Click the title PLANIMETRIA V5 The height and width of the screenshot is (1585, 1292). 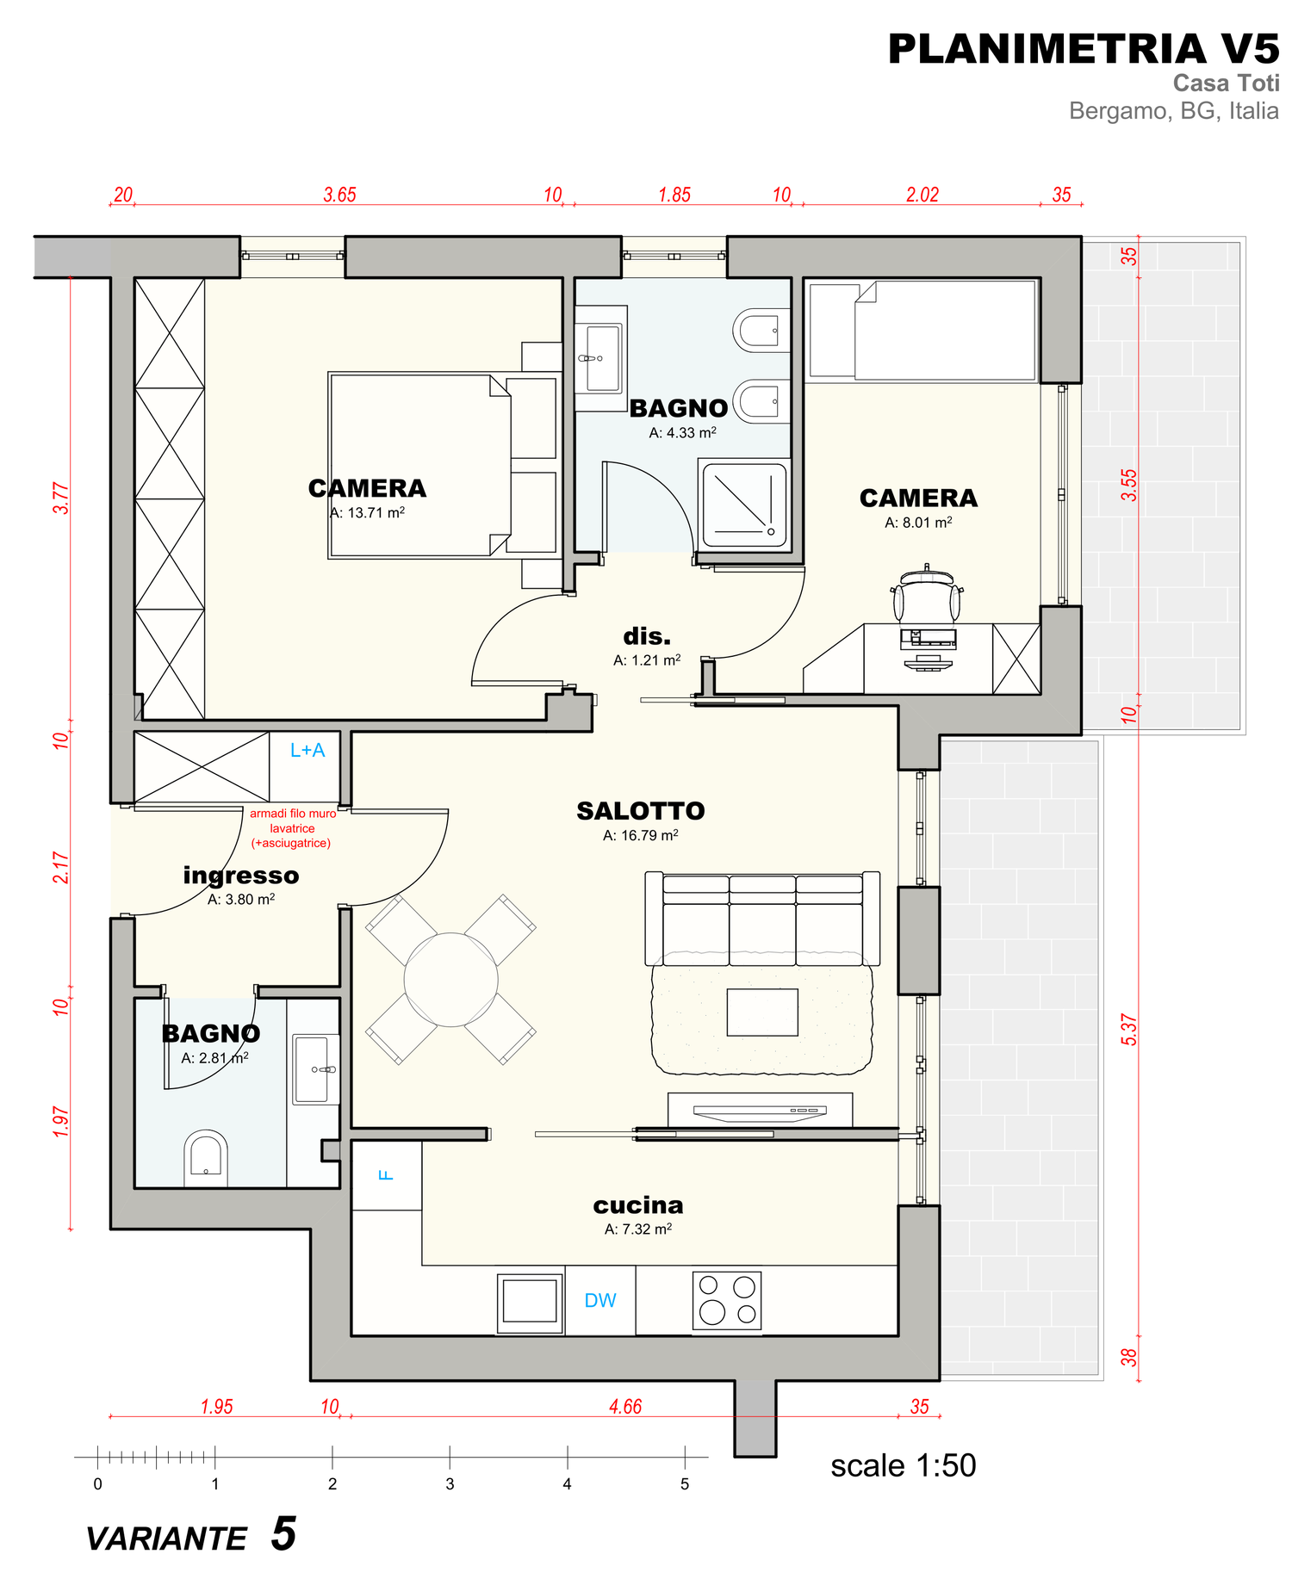(1084, 49)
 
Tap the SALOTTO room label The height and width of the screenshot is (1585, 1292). (641, 811)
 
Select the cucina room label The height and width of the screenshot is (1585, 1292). (638, 1205)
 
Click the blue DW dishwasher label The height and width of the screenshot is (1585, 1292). (600, 1300)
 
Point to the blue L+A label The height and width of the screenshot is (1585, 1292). (307, 751)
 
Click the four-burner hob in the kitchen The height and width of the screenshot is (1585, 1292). (727, 1299)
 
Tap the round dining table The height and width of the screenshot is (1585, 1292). (450, 980)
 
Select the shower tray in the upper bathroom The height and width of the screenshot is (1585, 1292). (744, 506)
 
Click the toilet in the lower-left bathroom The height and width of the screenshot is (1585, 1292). (206, 1157)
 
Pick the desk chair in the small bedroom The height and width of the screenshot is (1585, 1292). (927, 595)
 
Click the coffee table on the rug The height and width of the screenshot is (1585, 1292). (762, 1012)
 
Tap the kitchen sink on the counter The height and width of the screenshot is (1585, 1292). (530, 1303)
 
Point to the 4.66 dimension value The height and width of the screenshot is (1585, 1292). (625, 1407)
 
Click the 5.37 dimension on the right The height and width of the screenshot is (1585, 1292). (1129, 1030)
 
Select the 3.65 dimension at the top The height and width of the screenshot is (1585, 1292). (339, 195)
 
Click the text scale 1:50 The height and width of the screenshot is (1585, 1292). (904, 1465)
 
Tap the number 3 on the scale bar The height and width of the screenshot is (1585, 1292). (450, 1483)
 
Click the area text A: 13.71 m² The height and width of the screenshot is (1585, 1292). (368, 512)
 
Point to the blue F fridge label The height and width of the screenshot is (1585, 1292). (387, 1174)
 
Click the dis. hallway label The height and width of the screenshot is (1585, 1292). (647, 636)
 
